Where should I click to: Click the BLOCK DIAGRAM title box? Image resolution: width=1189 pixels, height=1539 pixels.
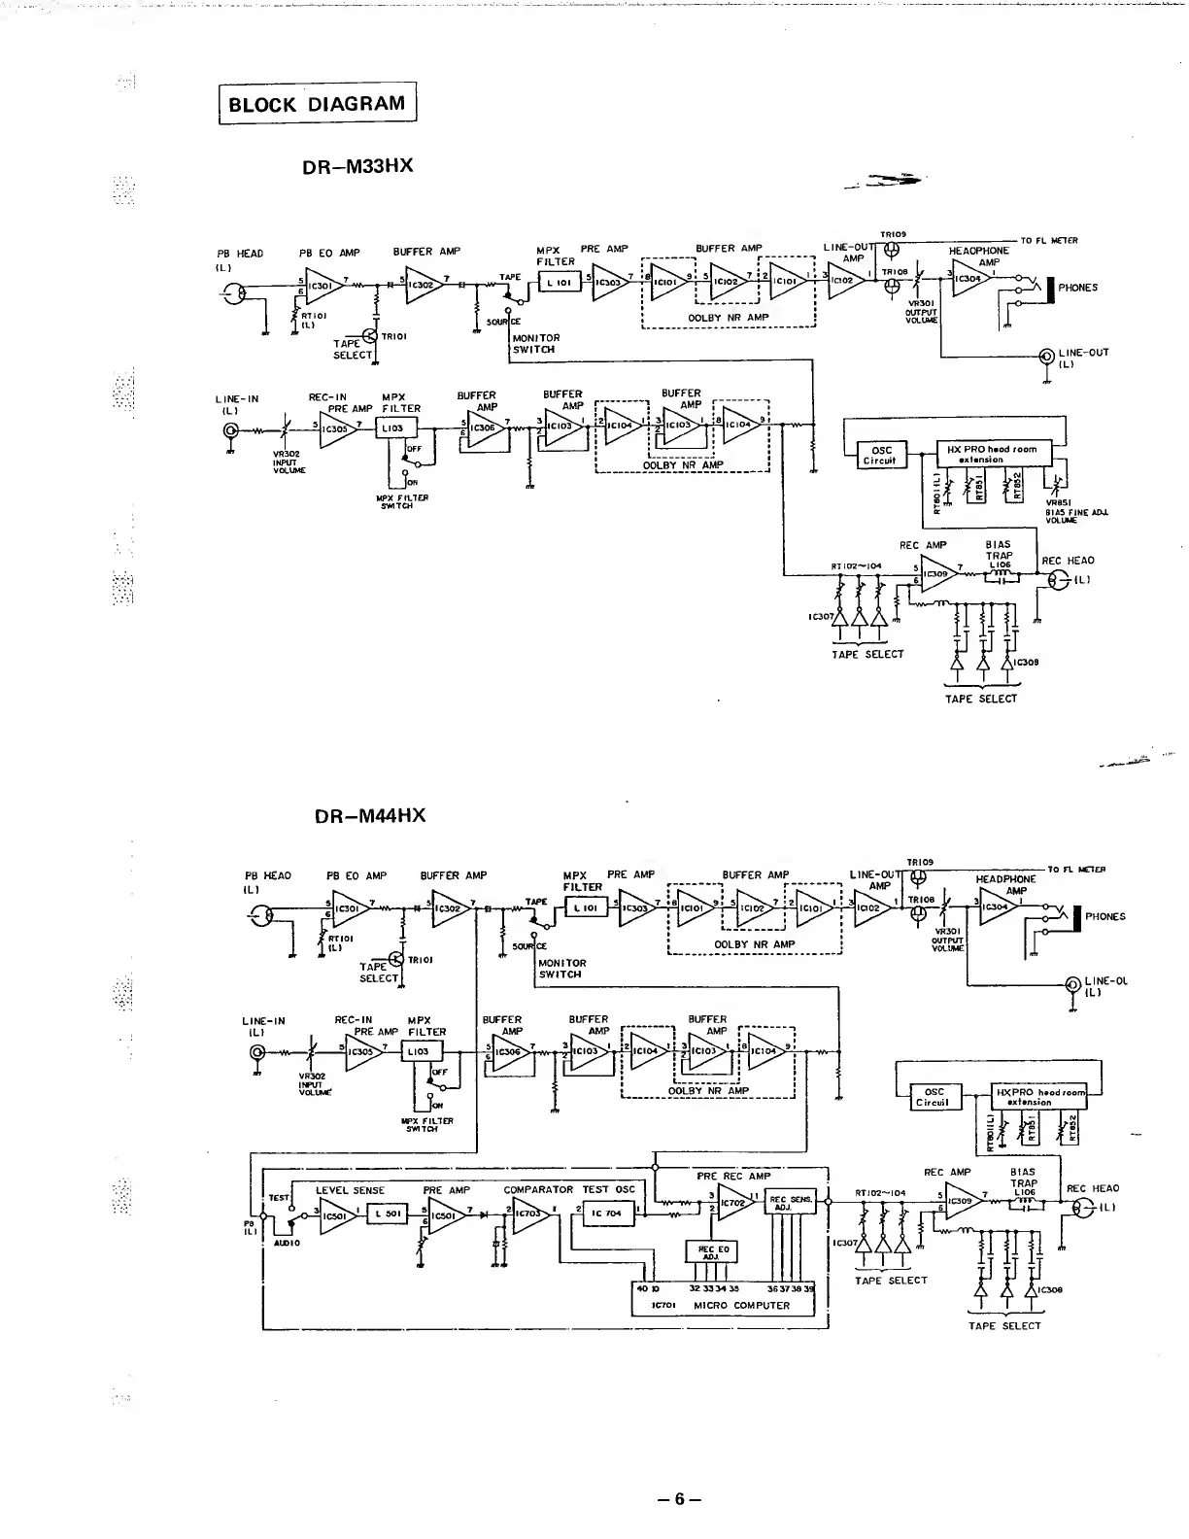tap(317, 104)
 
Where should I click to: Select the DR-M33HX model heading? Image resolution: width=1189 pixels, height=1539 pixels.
tap(358, 165)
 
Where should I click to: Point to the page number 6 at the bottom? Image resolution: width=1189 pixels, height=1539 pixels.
tap(680, 1498)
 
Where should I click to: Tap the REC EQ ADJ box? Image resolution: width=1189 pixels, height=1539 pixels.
tap(713, 1251)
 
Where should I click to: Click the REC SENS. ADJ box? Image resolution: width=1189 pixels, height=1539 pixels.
tap(792, 1202)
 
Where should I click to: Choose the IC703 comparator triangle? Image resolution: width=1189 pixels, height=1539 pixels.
tap(529, 1213)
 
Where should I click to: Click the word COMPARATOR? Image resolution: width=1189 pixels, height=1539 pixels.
tap(538, 1189)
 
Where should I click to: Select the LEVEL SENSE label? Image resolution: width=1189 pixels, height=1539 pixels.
tap(350, 1190)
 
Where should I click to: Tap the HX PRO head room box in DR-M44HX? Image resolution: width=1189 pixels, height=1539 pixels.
tap(1036, 1096)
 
